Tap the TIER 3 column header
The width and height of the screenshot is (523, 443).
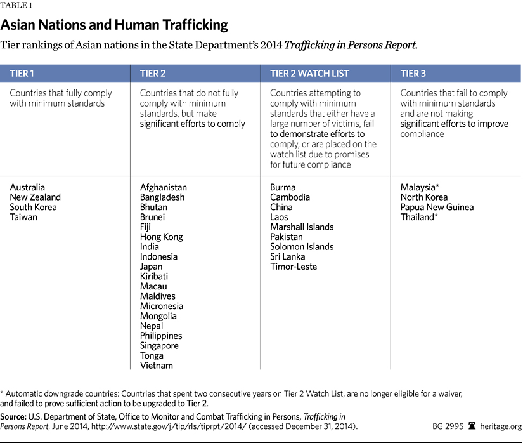[413, 74]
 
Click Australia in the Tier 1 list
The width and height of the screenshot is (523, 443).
[27, 187]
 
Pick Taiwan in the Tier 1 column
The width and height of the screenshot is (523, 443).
[23, 217]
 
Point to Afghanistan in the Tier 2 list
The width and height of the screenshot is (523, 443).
[164, 187]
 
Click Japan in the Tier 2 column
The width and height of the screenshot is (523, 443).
[152, 267]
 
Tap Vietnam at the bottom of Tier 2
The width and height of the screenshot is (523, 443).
[156, 366]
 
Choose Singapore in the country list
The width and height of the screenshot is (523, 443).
[159, 346]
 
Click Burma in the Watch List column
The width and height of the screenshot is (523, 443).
[283, 187]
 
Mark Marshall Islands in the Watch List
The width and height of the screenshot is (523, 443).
[302, 227]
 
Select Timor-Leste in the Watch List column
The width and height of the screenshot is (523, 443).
[294, 267]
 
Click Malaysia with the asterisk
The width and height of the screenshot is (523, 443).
[420, 187]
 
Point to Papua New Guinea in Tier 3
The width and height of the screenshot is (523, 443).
[437, 207]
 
